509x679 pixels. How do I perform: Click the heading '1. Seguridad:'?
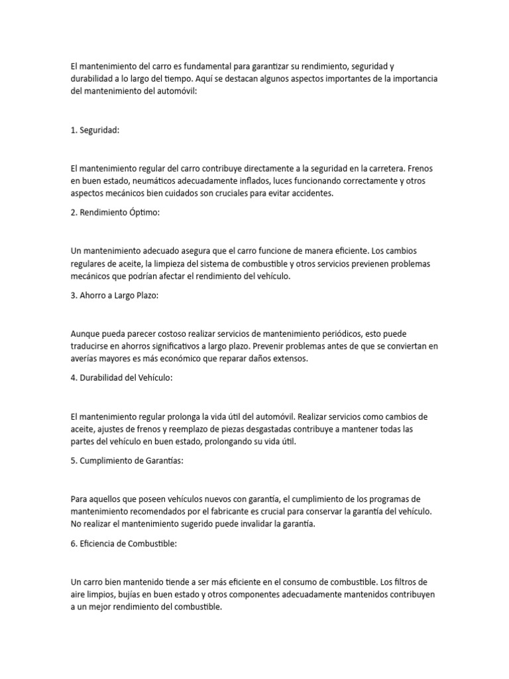point(95,131)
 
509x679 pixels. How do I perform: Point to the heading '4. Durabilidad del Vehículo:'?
point(121,378)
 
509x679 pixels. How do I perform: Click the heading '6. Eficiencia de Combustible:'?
point(124,544)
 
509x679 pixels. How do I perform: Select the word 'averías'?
point(84,359)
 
